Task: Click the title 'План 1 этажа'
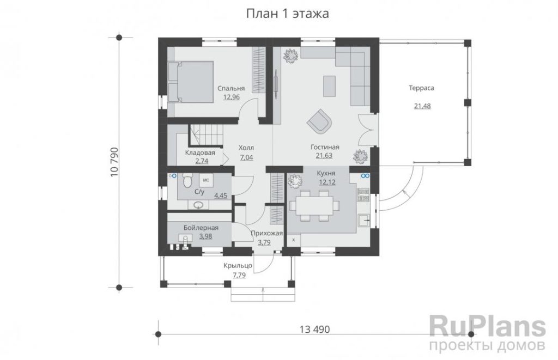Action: click(x=288, y=14)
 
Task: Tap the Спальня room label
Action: click(x=231, y=89)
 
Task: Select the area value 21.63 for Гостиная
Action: click(x=324, y=155)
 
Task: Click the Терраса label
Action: click(x=421, y=88)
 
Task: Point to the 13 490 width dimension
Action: click(x=314, y=330)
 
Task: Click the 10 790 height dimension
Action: click(x=114, y=162)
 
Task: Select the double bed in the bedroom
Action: click(x=191, y=82)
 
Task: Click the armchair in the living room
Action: click(x=319, y=121)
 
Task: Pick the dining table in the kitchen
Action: click(x=314, y=206)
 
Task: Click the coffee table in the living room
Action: click(x=329, y=86)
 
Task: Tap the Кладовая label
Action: click(x=200, y=152)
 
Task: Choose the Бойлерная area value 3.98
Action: click(x=205, y=236)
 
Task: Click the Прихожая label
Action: click(x=266, y=233)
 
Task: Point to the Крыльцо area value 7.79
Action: click(x=239, y=274)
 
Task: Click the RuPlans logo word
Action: click(x=487, y=326)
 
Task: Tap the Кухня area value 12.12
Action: click(x=327, y=182)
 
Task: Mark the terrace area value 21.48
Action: click(x=422, y=106)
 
